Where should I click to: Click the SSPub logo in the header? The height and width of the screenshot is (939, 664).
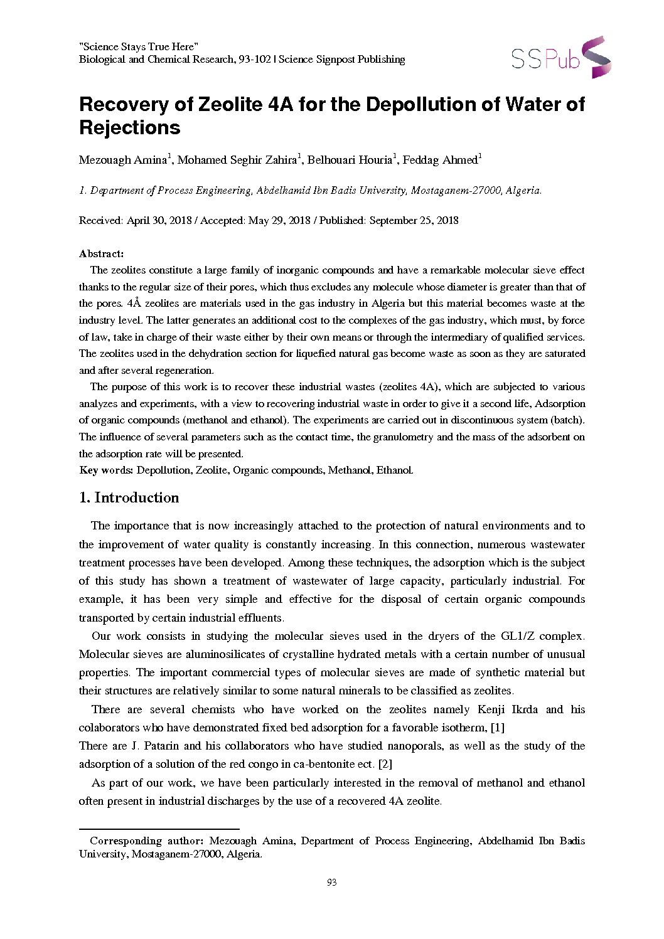560,58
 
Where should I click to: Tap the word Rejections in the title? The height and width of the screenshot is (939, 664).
129,128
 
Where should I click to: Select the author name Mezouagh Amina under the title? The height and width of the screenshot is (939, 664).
122,160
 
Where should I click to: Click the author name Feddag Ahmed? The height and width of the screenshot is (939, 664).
440,160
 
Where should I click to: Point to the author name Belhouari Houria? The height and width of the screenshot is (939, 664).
350,160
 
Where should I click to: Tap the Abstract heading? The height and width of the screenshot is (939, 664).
101,253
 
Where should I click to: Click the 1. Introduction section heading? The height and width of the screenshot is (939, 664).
129,498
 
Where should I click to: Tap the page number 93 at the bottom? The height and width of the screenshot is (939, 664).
332,883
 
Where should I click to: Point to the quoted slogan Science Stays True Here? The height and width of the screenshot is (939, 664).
139,46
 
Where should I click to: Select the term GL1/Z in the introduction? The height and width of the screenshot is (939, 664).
517,636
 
